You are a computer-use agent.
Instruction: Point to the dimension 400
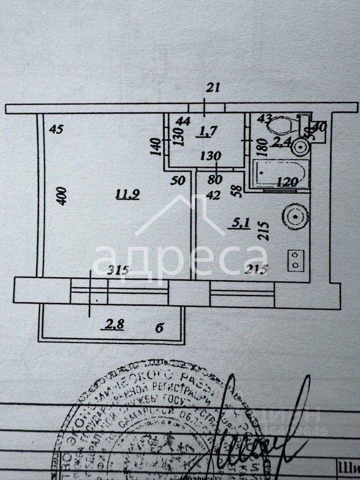pyautogui.click(x=61, y=195)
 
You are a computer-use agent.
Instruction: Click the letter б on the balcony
pyautogui.click(x=159, y=328)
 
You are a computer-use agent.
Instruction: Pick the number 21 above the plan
pyautogui.click(x=213, y=88)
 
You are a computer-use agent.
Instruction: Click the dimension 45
pyautogui.click(x=56, y=129)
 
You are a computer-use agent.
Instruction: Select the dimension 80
pyautogui.click(x=215, y=178)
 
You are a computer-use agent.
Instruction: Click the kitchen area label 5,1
pyautogui.click(x=236, y=223)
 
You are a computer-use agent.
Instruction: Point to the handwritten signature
pyautogui.click(x=260, y=430)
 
